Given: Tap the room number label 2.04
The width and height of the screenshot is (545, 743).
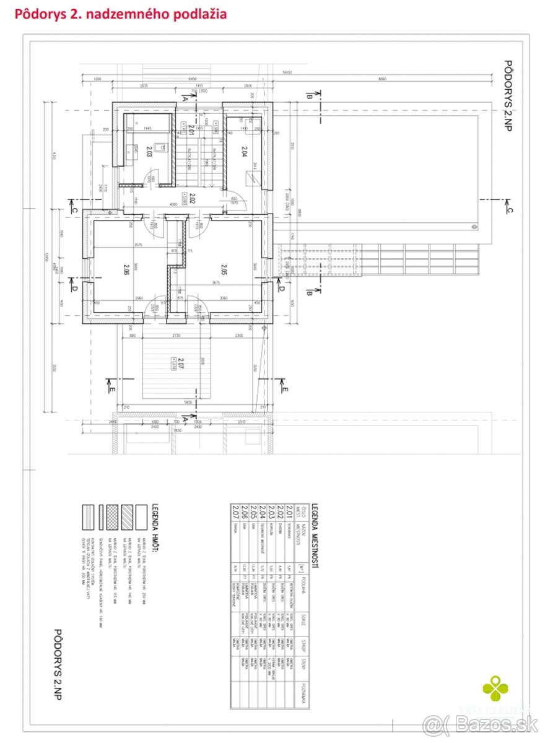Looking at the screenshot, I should [x=244, y=150].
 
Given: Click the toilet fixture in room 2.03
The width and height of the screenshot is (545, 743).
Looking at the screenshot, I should [x=159, y=147].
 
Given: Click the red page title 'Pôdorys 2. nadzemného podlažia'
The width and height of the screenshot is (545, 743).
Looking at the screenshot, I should [x=120, y=13].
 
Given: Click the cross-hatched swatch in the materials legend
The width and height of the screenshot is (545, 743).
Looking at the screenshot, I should [x=112, y=515].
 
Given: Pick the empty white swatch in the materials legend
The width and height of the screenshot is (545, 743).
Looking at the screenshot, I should [x=141, y=515].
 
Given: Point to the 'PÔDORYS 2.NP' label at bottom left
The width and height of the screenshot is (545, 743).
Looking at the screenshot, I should [x=58, y=666].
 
